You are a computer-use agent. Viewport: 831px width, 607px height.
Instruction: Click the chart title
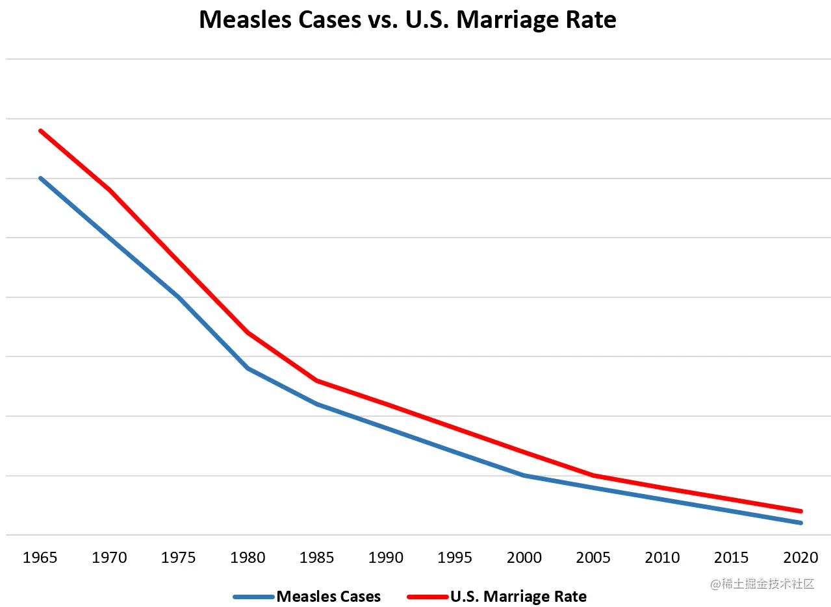tap(407, 20)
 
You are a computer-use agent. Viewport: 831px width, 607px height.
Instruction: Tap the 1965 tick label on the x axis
tap(40, 558)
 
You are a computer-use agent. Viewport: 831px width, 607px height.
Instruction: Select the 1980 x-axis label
tap(248, 558)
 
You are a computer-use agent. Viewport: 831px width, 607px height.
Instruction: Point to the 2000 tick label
tap(524, 558)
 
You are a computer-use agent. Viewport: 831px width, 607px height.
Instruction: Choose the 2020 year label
tap(800, 558)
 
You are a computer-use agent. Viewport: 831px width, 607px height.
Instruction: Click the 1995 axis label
tap(455, 558)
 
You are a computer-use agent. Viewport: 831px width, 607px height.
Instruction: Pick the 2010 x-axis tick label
tap(663, 558)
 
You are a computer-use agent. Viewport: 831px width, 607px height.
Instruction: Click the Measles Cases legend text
tap(329, 596)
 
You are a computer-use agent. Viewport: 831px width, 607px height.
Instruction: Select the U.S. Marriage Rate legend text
tap(518, 596)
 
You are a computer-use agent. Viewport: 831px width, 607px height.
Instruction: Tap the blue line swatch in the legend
tap(253, 596)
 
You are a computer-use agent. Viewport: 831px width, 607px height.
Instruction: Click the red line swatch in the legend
tap(427, 596)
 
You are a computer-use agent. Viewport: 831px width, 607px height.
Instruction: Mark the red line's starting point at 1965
tap(40, 130)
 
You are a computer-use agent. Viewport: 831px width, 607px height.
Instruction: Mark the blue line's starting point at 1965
tap(40, 178)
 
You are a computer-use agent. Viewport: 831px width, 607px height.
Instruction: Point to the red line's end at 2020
tap(800, 511)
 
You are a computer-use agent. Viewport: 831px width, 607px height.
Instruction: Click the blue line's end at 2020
tap(800, 523)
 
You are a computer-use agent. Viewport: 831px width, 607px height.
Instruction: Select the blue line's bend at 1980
tap(248, 368)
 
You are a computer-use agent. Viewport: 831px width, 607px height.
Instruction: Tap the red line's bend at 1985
tap(316, 380)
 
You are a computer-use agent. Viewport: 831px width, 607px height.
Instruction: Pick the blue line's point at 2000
tap(524, 475)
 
